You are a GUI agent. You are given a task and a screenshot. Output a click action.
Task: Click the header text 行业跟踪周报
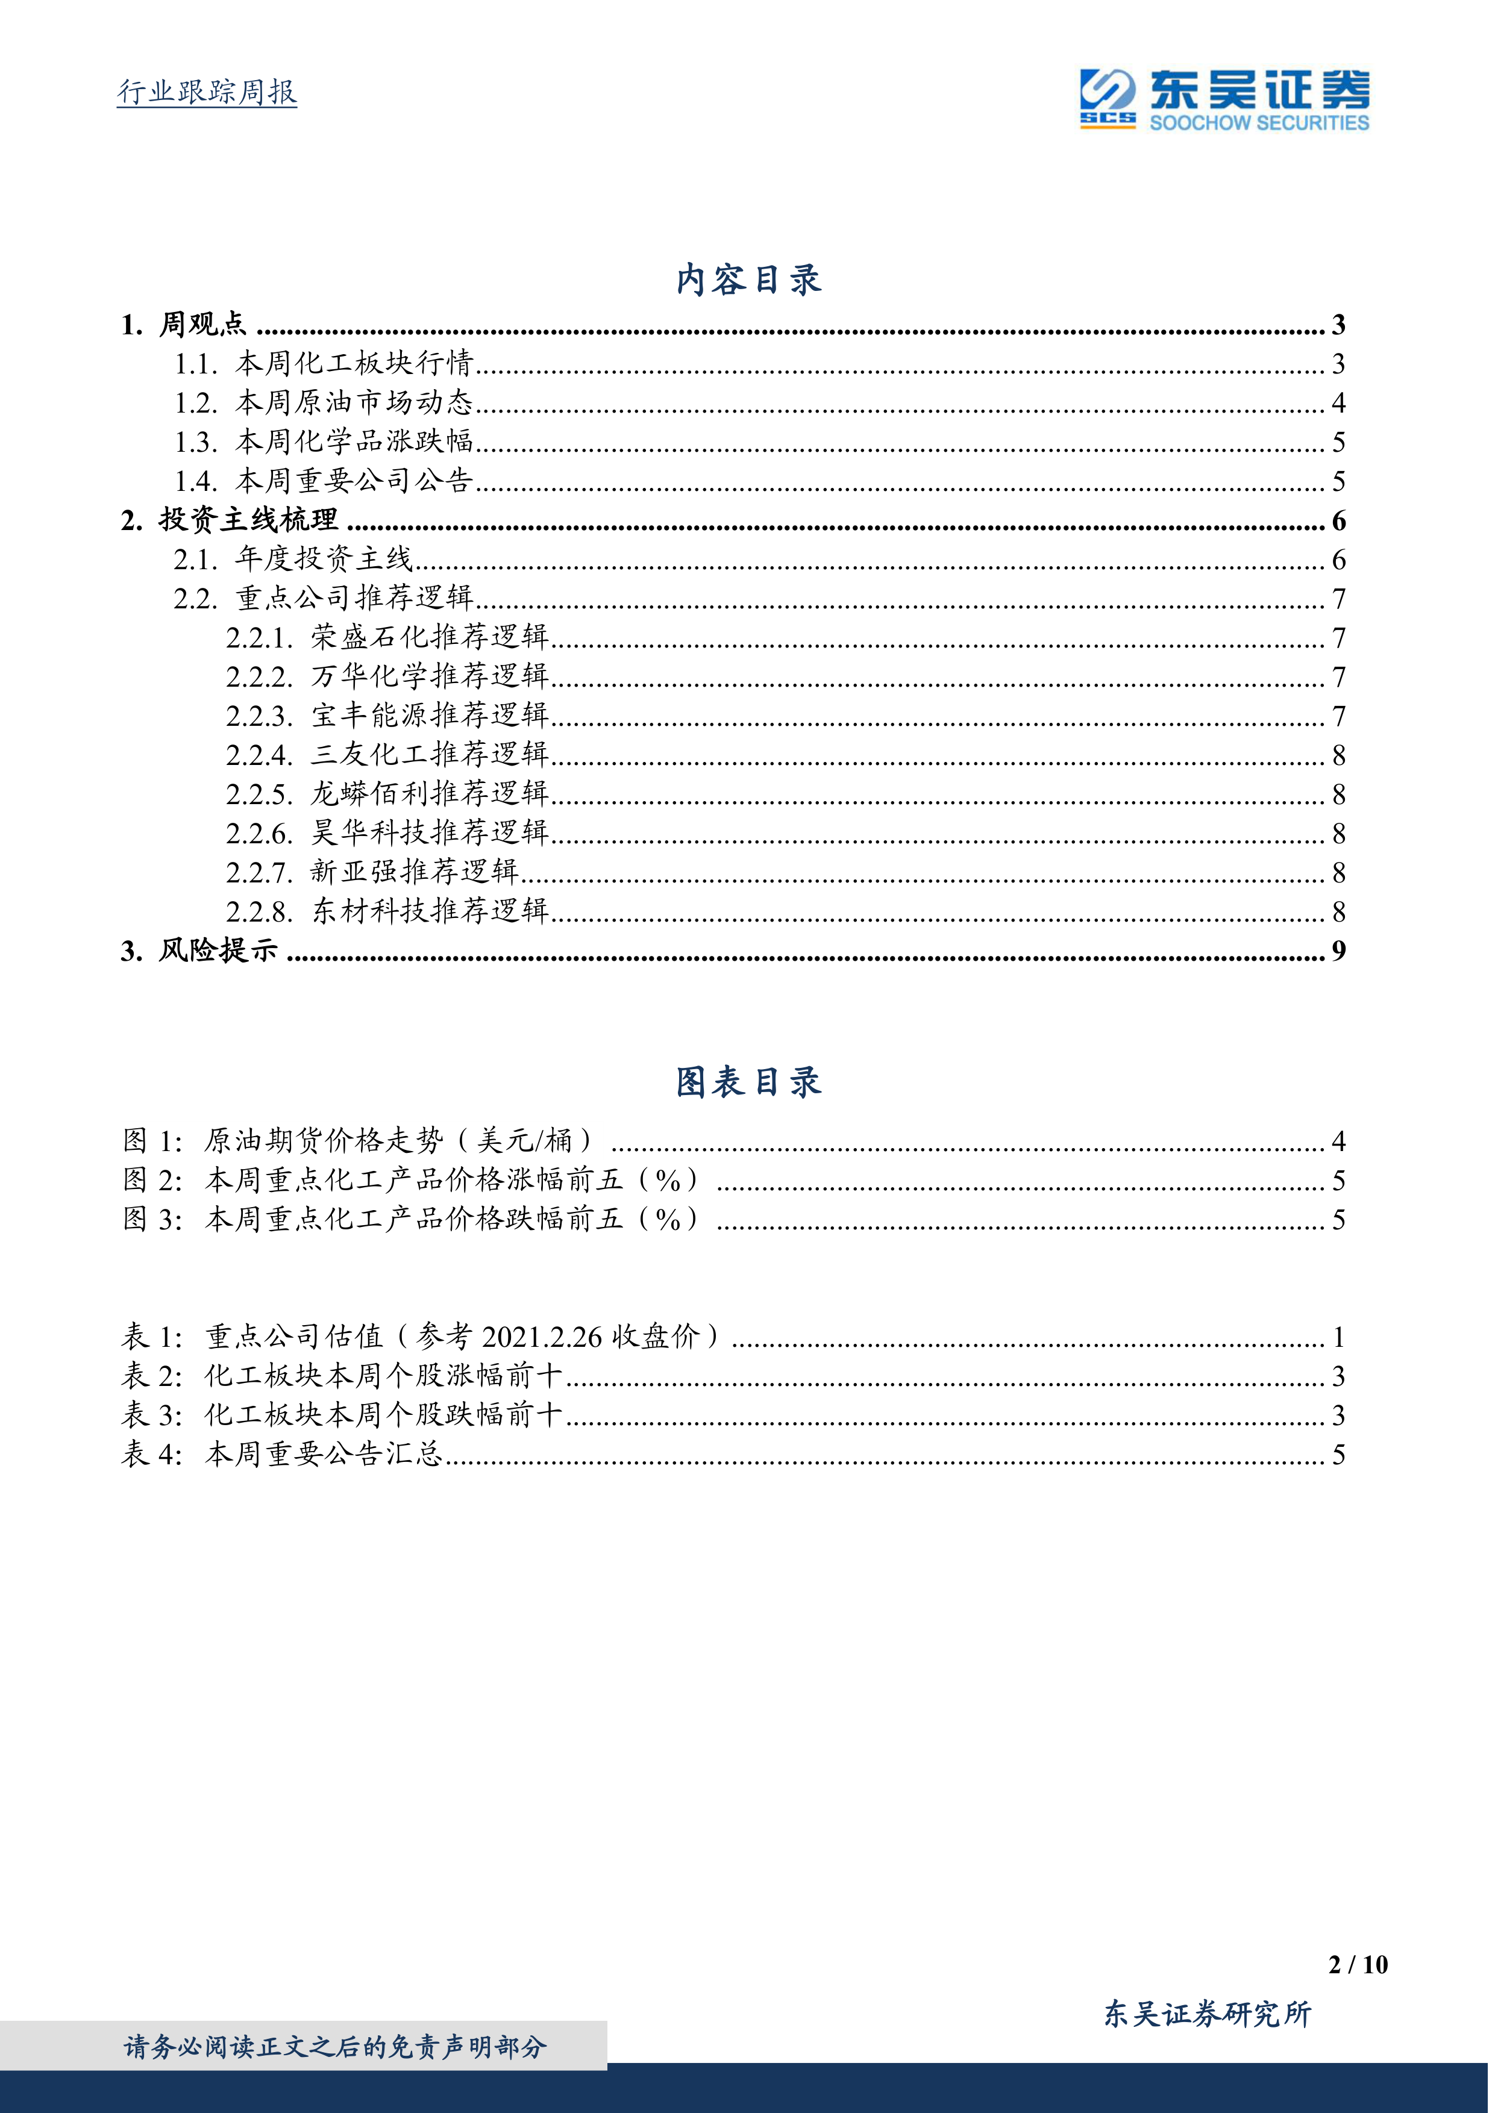pyautogui.click(x=207, y=92)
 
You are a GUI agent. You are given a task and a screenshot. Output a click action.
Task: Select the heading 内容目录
pyautogui.click(x=747, y=279)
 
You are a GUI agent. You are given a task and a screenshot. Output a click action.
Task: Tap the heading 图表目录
pyautogui.click(x=747, y=1082)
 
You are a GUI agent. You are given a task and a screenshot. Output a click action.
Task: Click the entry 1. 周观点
pyautogui.click(x=184, y=325)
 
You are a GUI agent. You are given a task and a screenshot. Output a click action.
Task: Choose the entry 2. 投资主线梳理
pyautogui.click(x=230, y=521)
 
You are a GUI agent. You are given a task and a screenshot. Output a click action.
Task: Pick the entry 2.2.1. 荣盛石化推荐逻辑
pyautogui.click(x=387, y=638)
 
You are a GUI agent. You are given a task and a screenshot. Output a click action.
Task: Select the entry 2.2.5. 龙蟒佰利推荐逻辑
pyautogui.click(x=387, y=794)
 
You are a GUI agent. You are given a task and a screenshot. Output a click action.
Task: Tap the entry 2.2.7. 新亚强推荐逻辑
pyautogui.click(x=373, y=872)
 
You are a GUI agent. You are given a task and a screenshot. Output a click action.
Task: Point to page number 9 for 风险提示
pyautogui.click(x=1338, y=950)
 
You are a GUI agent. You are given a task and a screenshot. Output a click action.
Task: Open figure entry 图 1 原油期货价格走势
pyautogui.click(x=359, y=1142)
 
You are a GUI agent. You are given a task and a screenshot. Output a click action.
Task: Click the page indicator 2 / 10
pyautogui.click(x=1357, y=1965)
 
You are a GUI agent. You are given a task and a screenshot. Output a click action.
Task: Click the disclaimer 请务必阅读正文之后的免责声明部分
pyautogui.click(x=336, y=2047)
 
